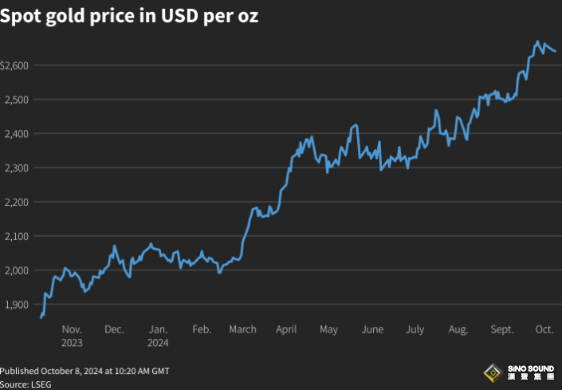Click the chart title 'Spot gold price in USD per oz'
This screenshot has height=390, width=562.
click(129, 16)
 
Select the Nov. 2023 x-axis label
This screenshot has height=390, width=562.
click(72, 336)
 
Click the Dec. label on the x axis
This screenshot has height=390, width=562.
click(114, 329)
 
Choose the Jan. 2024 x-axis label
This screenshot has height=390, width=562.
click(158, 336)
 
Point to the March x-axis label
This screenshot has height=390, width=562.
click(242, 329)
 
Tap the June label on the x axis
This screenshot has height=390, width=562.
click(372, 329)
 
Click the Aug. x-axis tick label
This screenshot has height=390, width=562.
click(458, 329)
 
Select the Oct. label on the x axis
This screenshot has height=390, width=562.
click(544, 329)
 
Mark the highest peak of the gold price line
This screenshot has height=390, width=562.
click(537, 41)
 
